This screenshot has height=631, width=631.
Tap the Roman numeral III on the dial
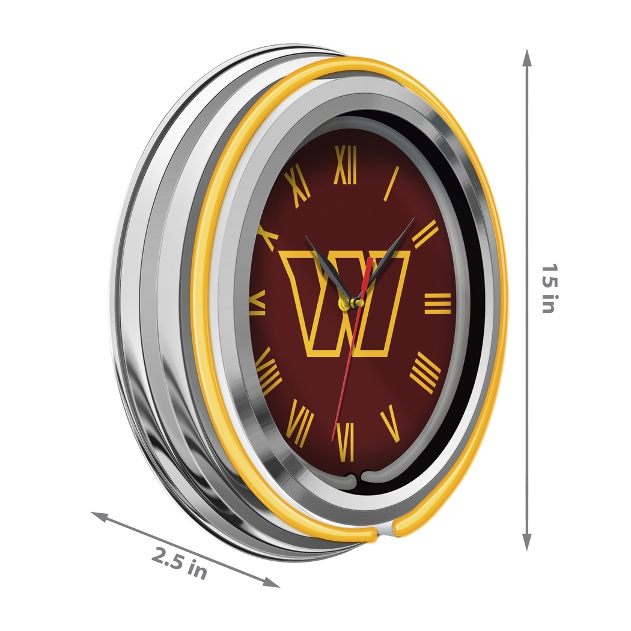437,303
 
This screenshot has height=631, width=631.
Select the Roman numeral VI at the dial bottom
346,442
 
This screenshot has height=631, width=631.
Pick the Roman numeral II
425,234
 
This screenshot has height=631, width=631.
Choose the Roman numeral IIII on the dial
425,373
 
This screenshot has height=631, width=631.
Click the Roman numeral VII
300,422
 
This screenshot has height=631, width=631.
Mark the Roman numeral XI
298,187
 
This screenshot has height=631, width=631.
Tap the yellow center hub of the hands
347,303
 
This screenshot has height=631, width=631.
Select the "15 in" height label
547,288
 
